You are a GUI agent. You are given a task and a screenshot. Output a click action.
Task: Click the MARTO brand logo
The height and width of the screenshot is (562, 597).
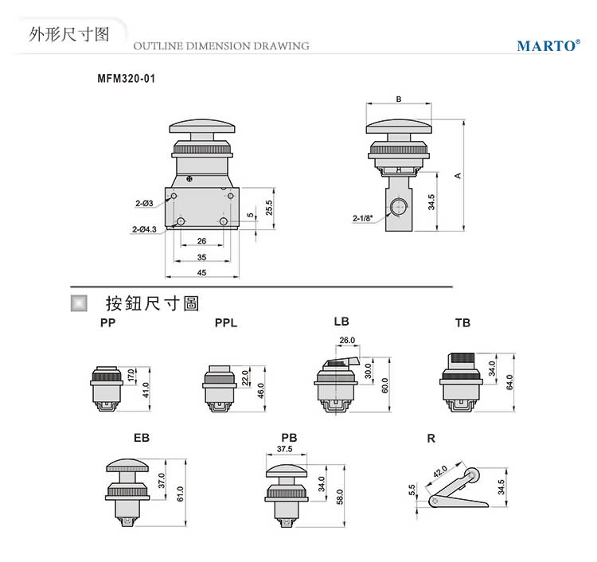pos(548,45)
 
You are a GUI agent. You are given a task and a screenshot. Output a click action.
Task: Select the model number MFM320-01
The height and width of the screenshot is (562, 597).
pos(125,80)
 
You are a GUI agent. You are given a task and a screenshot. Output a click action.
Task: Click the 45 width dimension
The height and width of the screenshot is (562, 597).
pos(201,273)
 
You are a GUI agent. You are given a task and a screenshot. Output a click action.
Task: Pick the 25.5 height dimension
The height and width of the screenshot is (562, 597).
pos(270,207)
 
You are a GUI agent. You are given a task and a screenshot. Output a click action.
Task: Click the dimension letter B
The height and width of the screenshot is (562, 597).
pos(398,100)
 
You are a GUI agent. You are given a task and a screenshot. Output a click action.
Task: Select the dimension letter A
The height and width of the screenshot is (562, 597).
pos(458,175)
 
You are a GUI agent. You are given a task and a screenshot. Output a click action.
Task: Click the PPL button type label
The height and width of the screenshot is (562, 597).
pos(225,323)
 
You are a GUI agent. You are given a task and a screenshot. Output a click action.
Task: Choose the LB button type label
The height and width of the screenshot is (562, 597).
pos(341,322)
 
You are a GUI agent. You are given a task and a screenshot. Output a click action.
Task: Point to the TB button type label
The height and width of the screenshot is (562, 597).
pos(462,323)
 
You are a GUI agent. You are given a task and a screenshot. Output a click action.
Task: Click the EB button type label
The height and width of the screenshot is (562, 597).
pos(142,438)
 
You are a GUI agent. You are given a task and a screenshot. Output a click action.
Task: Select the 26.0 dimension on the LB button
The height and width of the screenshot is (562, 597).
pos(347,340)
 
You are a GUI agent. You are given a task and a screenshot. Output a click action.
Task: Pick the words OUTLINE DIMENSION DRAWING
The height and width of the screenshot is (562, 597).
pos(220,46)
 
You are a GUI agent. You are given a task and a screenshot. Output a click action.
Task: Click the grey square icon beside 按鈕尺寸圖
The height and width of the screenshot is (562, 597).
pos(79,302)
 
